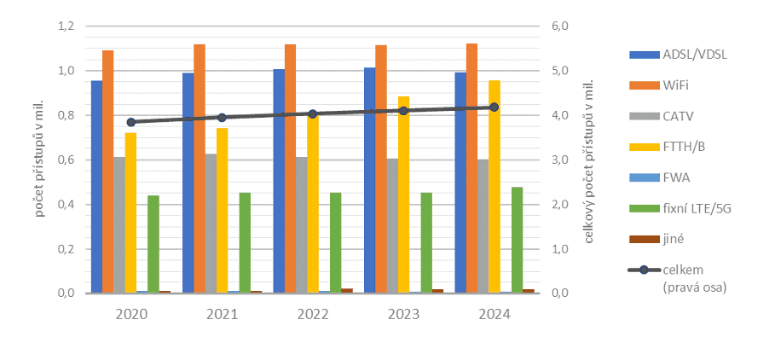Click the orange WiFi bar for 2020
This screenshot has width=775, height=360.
point(108,171)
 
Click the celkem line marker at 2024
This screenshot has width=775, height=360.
point(494,107)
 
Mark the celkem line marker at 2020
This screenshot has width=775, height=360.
point(130,122)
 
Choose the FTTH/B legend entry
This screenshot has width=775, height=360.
point(683,147)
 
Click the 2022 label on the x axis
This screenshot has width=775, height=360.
point(313,314)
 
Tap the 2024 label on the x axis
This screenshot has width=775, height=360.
point(494,314)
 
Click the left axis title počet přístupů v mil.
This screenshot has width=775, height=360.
point(40,160)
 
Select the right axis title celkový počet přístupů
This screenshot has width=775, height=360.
point(589,160)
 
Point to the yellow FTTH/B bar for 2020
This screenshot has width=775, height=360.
point(130,213)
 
